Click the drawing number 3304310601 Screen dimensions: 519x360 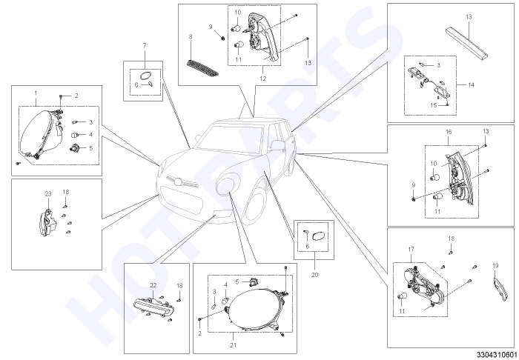(496, 354)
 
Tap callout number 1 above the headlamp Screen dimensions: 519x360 (36, 93)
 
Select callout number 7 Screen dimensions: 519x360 (145, 46)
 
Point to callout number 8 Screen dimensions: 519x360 (191, 37)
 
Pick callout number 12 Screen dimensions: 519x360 (262, 79)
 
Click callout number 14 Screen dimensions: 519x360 (471, 85)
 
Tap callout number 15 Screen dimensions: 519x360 (434, 105)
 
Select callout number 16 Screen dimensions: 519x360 (449, 132)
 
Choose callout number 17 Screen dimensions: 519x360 (411, 250)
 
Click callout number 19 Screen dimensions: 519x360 (495, 266)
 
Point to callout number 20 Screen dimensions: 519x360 (315, 275)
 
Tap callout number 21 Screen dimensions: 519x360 (234, 345)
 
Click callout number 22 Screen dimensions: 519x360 (153, 285)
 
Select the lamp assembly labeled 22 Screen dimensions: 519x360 (154, 307)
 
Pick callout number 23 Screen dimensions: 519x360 (48, 194)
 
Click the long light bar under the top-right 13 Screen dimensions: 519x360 (467, 43)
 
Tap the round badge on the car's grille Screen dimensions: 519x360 (179, 182)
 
